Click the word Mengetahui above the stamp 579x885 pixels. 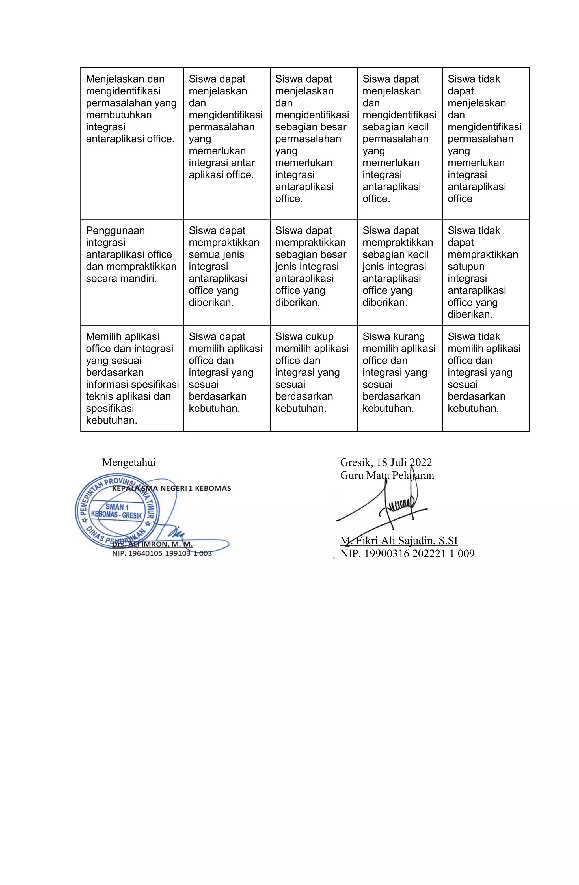pyautogui.click(x=129, y=462)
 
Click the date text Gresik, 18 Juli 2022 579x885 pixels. pyautogui.click(x=386, y=462)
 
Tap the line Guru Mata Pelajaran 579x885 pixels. pyautogui.click(x=387, y=475)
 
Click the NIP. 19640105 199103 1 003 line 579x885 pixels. pyautogui.click(x=162, y=553)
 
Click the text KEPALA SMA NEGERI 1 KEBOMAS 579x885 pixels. pyautogui.click(x=171, y=488)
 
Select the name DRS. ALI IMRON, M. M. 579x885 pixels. pyautogui.click(x=152, y=544)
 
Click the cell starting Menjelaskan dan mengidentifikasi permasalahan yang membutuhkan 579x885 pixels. pyautogui.click(x=131, y=109)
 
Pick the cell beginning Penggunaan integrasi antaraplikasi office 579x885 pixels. pyautogui.click(x=131, y=254)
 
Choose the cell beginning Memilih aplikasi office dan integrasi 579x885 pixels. pyautogui.click(x=131, y=378)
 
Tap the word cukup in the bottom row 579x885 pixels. pyautogui.click(x=319, y=336)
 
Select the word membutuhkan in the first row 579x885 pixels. pyautogui.click(x=119, y=115)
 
